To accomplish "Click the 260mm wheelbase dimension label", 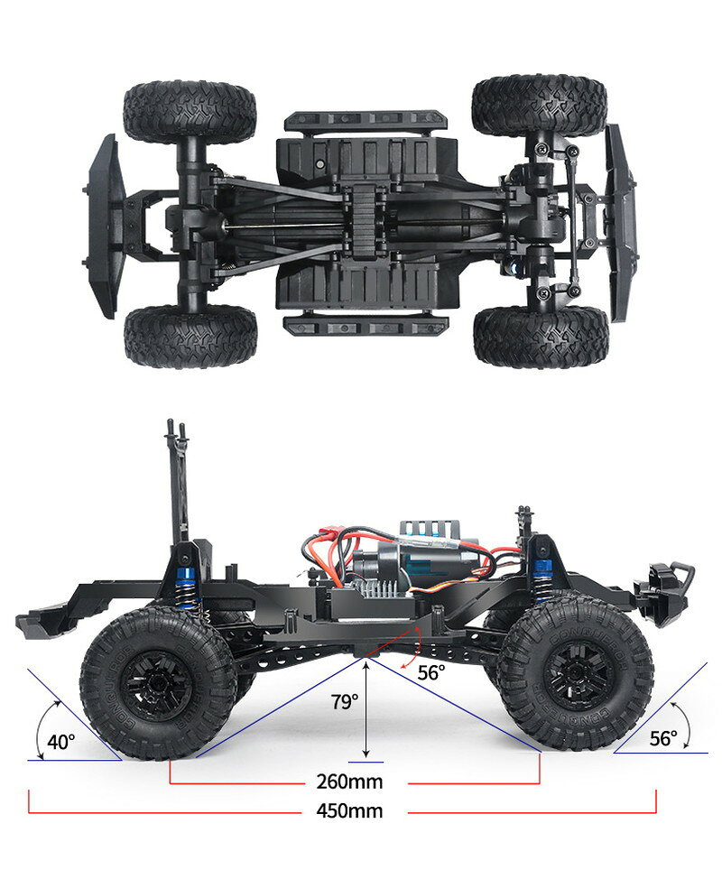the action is (x=349, y=782).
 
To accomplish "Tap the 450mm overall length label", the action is (x=349, y=811).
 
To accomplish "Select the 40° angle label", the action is (x=61, y=741).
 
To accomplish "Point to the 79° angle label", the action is (x=345, y=702).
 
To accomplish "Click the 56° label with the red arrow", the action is (x=431, y=673).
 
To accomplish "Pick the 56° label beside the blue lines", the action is (x=663, y=738).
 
